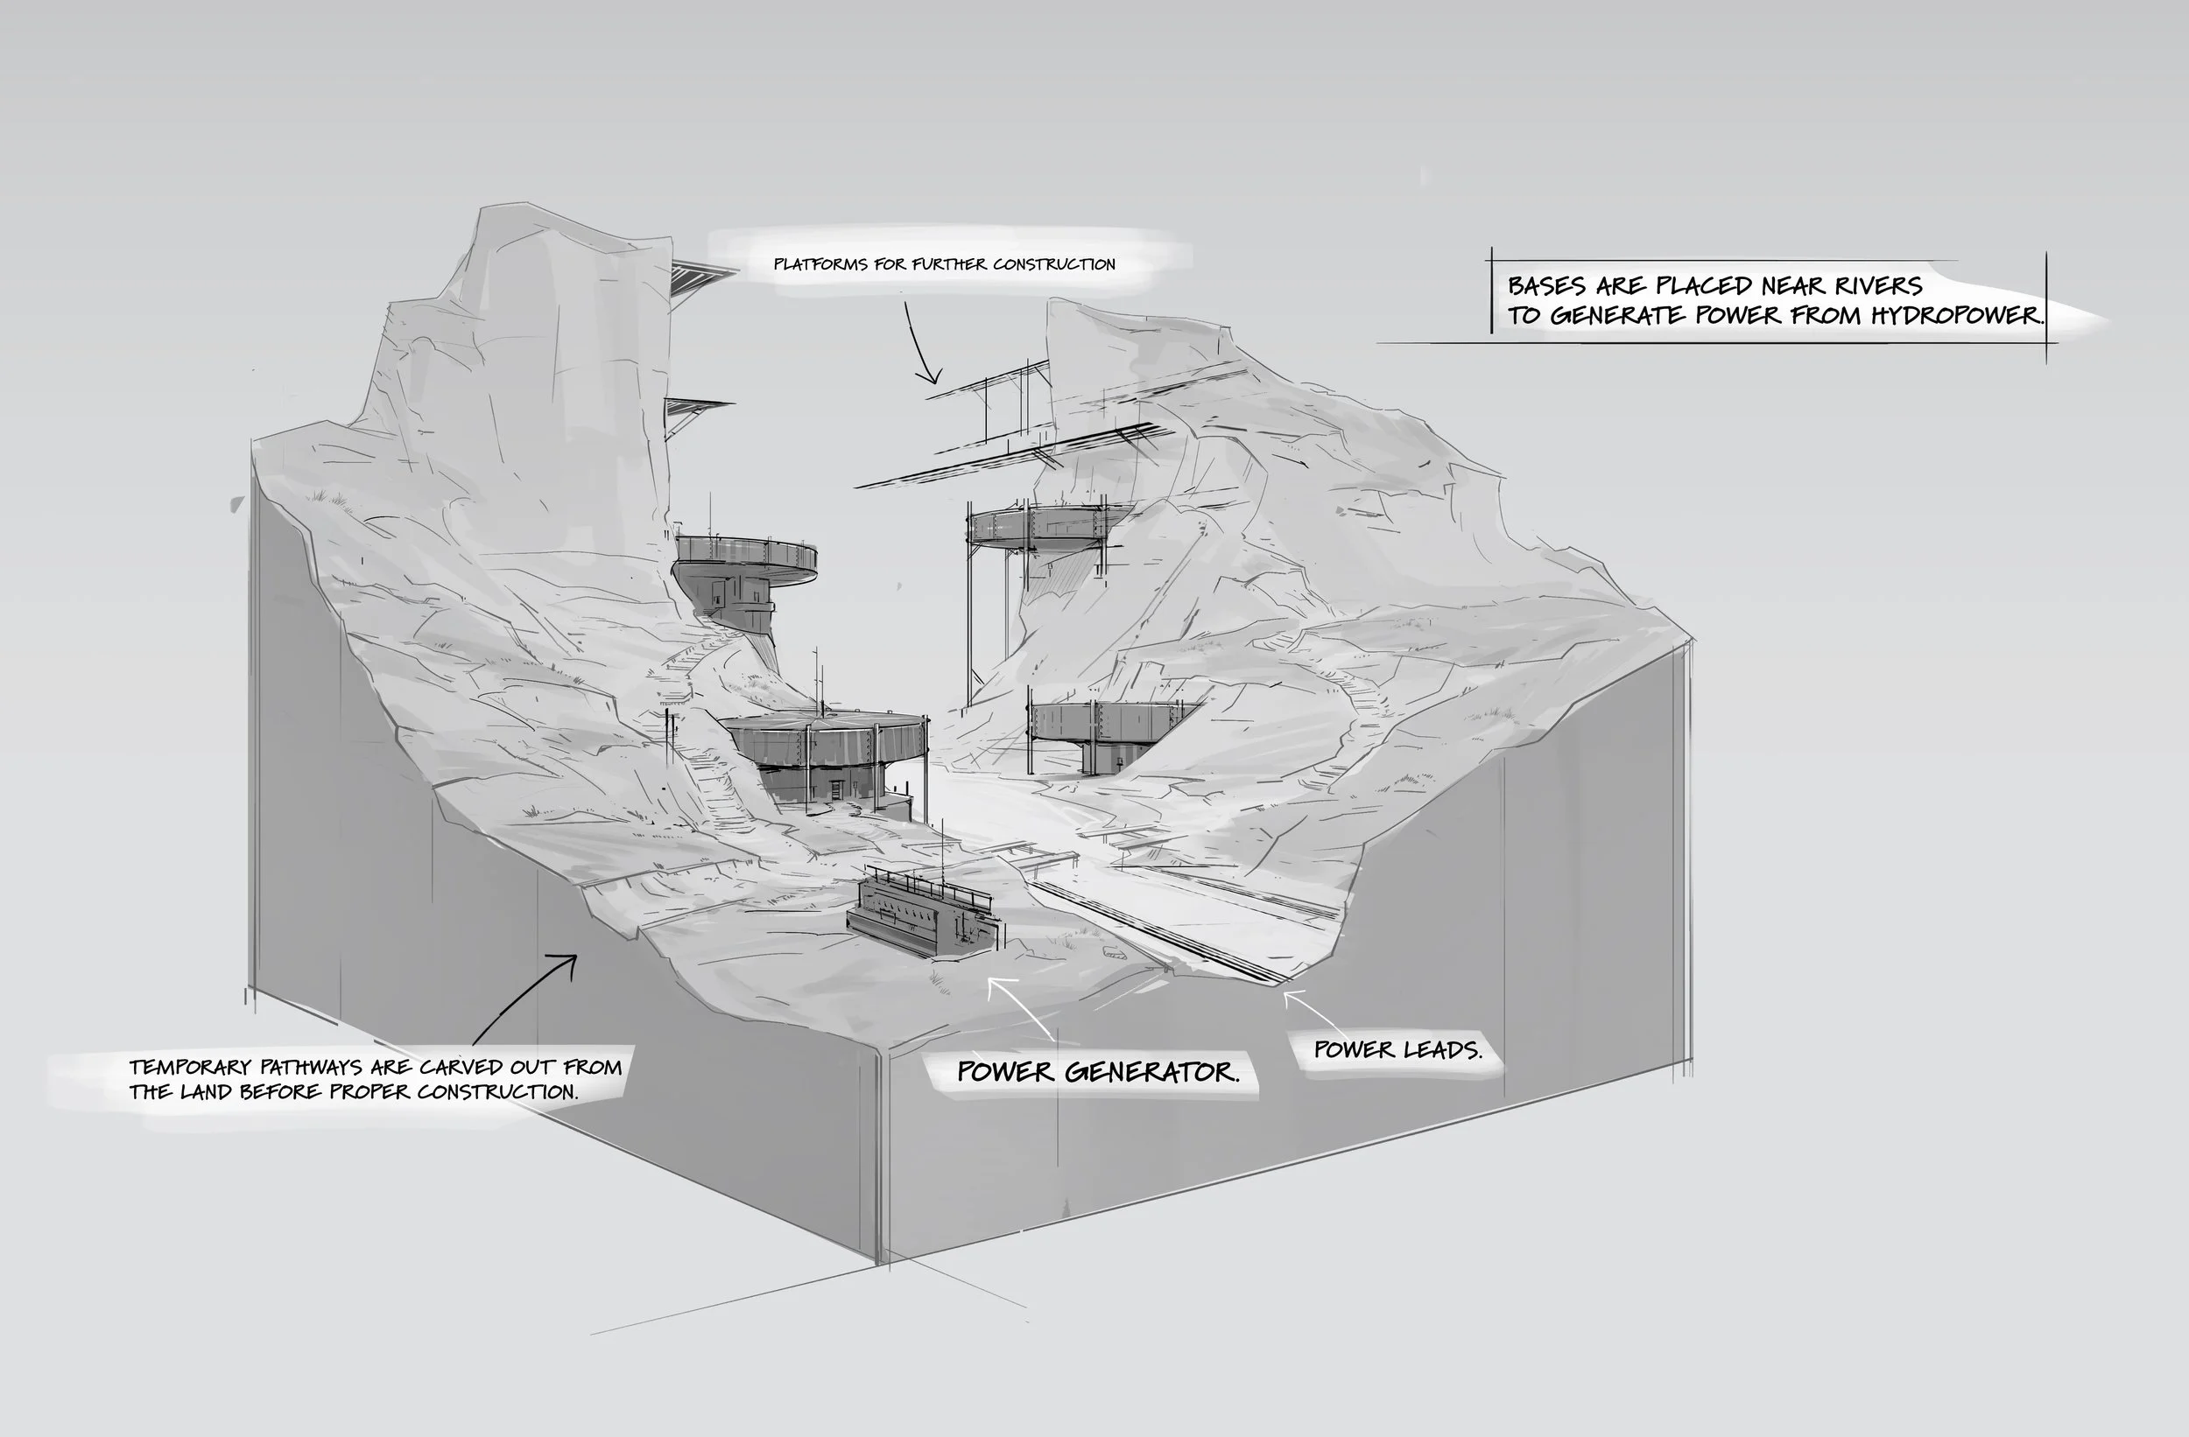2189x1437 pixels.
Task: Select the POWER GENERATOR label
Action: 1097,1072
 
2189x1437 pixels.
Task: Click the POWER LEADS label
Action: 1397,1050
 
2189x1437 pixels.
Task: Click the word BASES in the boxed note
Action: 1546,286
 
